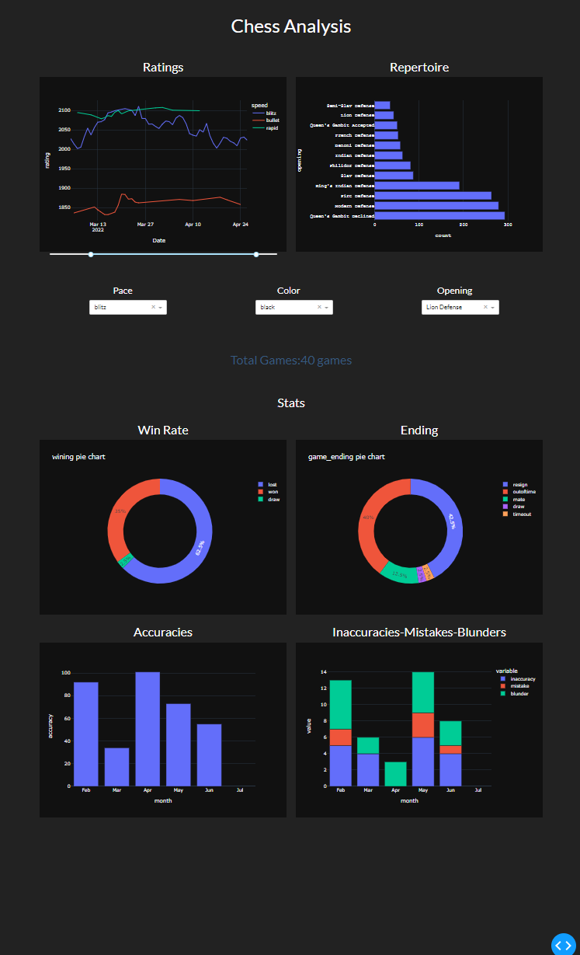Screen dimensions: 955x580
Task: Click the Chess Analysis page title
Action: tap(290, 26)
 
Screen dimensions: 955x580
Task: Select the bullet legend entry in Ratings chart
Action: tap(271, 120)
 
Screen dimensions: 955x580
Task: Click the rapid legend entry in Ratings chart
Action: tap(271, 128)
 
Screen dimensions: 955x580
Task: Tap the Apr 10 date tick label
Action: tap(193, 224)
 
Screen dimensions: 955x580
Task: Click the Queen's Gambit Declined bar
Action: tap(439, 215)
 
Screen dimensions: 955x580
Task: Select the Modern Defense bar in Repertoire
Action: tap(436, 205)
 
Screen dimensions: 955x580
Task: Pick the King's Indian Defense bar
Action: tap(417, 186)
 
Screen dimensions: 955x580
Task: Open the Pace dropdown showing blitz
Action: tap(128, 307)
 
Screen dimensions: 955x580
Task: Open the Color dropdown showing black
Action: tap(293, 307)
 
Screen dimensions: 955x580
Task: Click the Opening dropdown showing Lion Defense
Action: tap(460, 307)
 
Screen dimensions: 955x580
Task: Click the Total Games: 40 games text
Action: tap(290, 361)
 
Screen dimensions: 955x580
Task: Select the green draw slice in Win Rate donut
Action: tap(125, 560)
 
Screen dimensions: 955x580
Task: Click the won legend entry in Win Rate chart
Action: tap(272, 492)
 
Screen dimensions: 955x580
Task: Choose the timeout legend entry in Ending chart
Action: tap(520, 514)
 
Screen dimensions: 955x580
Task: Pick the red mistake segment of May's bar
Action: tap(423, 724)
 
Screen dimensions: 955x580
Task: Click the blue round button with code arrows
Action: tap(564, 944)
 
